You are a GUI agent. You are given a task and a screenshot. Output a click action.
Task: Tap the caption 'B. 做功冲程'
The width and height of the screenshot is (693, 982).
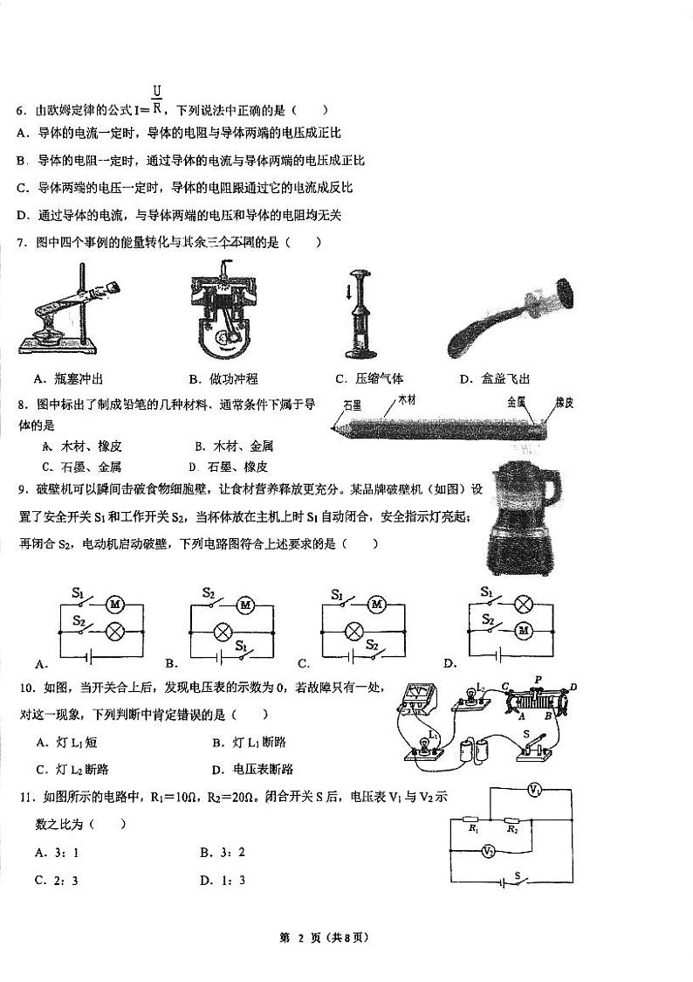point(223,378)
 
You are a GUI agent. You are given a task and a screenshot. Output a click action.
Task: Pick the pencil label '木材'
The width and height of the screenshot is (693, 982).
point(407,400)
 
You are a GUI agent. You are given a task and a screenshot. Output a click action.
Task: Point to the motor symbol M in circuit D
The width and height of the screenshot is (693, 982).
point(524,629)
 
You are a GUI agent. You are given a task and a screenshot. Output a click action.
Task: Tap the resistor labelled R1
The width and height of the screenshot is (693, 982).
point(473,820)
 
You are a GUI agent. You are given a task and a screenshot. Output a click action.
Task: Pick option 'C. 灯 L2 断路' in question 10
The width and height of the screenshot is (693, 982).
point(72,770)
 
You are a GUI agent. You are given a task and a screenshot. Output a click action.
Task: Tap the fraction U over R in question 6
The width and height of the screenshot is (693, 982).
point(156,100)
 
